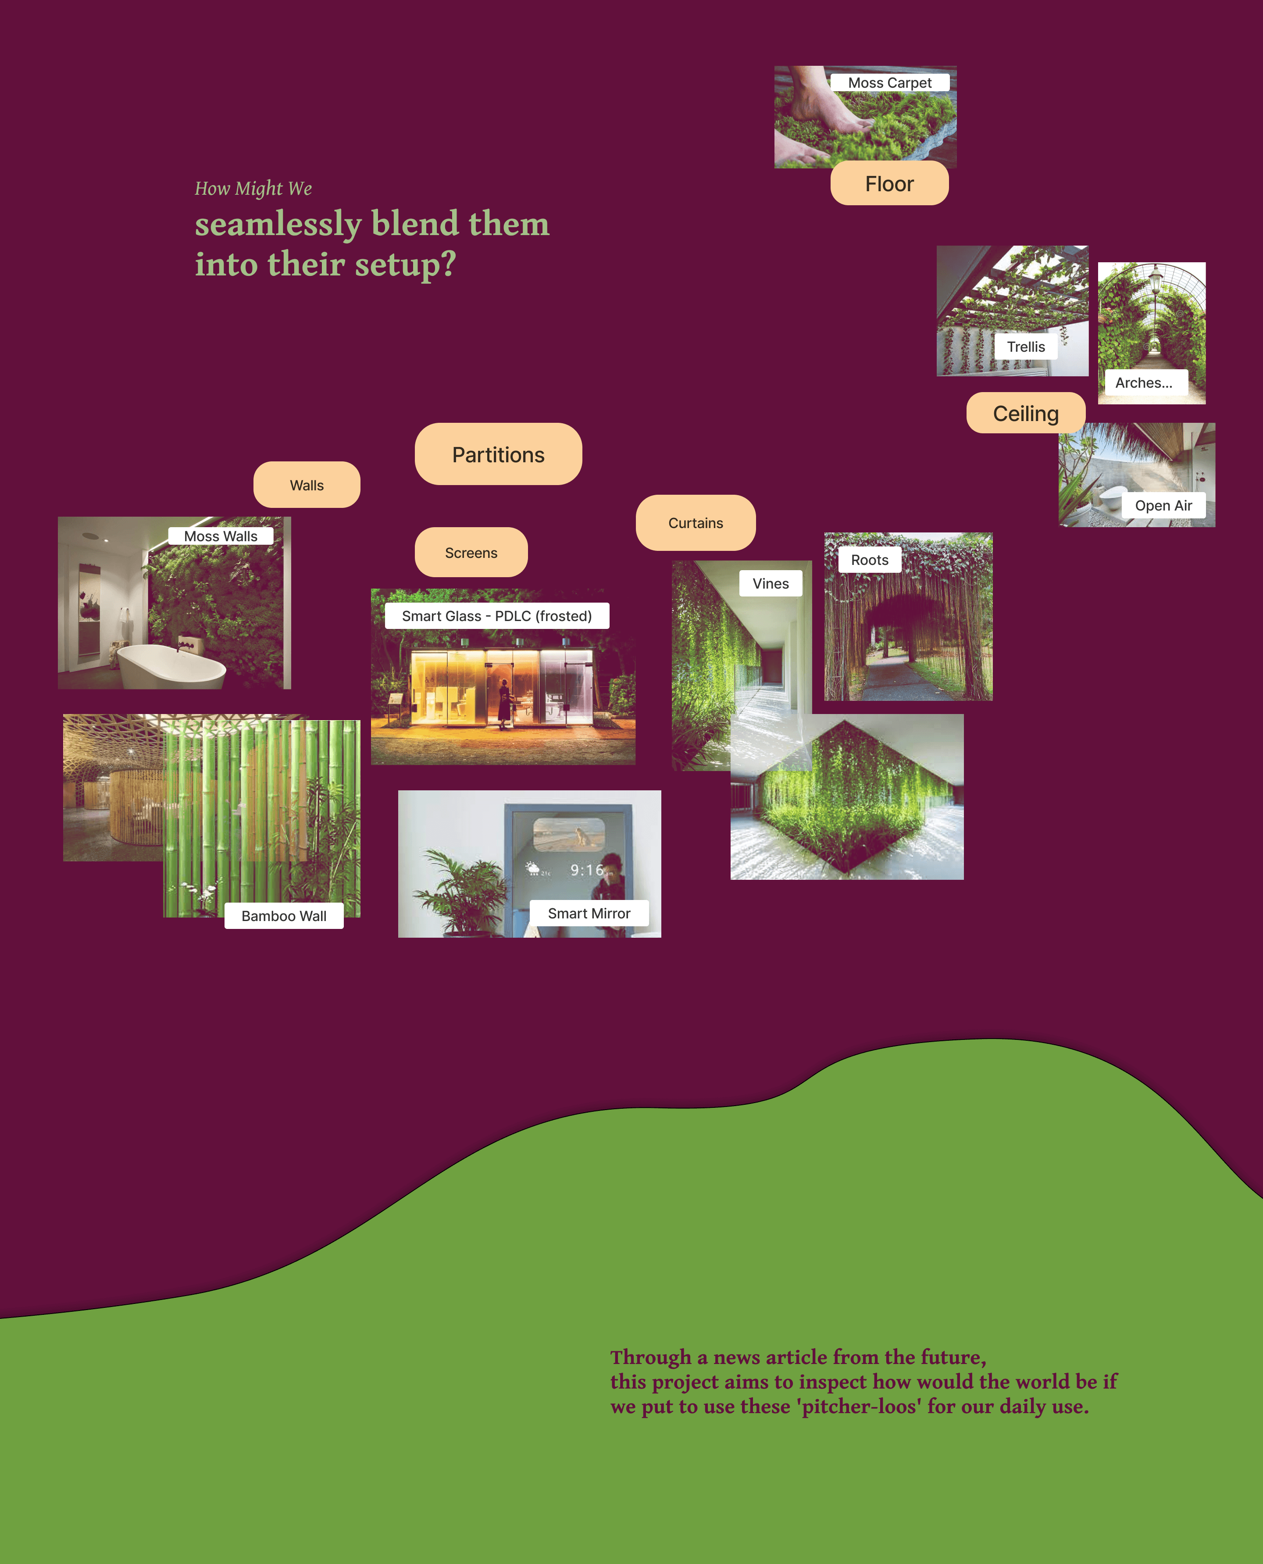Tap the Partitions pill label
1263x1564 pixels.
pyautogui.click(x=498, y=455)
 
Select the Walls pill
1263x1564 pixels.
pyautogui.click(x=306, y=485)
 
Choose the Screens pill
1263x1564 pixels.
pyautogui.click(x=471, y=553)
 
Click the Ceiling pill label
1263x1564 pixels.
pyautogui.click(x=1025, y=413)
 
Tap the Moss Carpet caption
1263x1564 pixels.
pyautogui.click(x=889, y=83)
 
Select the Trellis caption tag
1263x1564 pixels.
pyautogui.click(x=1025, y=347)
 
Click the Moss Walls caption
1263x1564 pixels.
pyautogui.click(x=221, y=536)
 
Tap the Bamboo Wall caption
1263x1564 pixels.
pyautogui.click(x=284, y=916)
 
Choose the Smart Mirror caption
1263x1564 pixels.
pyautogui.click(x=589, y=914)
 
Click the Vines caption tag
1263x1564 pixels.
pyautogui.click(x=771, y=583)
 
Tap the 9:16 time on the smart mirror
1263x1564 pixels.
pyautogui.click(x=586, y=870)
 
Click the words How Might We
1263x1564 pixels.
pyautogui.click(x=253, y=189)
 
